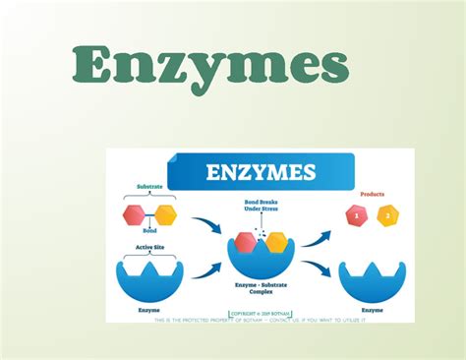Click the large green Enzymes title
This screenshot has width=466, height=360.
tap(210, 66)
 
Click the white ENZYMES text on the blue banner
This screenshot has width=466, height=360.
tap(260, 173)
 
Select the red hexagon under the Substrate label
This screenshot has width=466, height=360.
tap(133, 214)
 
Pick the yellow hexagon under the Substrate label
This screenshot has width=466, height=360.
tap(164, 214)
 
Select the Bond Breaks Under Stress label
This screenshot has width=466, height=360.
tap(262, 207)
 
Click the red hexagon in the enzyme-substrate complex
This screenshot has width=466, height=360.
tap(247, 242)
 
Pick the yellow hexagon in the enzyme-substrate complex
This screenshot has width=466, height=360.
tap(276, 242)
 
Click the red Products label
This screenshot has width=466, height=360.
tap(373, 194)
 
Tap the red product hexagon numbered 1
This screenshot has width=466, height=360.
tap(356, 215)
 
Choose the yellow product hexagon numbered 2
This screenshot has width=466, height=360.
tap(388, 215)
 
